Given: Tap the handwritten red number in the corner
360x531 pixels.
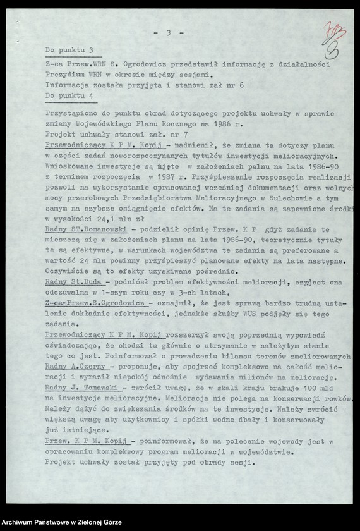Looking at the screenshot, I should (x=334, y=39).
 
